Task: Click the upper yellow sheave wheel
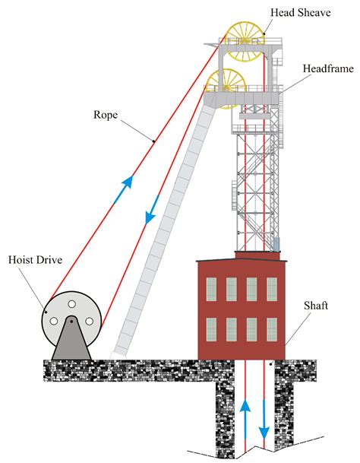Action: pos(243,42)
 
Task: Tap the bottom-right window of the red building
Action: pos(271,328)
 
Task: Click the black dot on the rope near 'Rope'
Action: pos(154,141)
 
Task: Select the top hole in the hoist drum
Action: pos(71,304)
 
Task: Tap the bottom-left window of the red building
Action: pos(211,328)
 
